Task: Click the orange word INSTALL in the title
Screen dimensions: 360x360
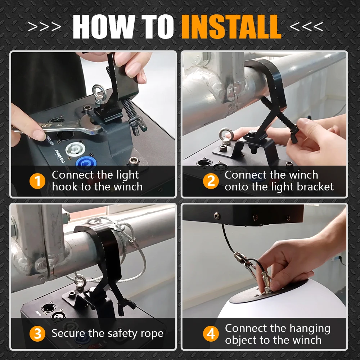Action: (231, 27)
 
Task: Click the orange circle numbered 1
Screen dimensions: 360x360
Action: (37, 181)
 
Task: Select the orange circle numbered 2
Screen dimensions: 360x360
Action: (211, 181)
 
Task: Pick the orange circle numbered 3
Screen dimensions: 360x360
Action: (37, 333)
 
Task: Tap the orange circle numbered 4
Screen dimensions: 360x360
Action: (211, 333)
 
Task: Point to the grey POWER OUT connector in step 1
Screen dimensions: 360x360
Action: (74, 149)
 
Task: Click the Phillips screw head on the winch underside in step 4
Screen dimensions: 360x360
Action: (217, 216)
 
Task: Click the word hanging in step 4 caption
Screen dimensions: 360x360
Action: (310, 329)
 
